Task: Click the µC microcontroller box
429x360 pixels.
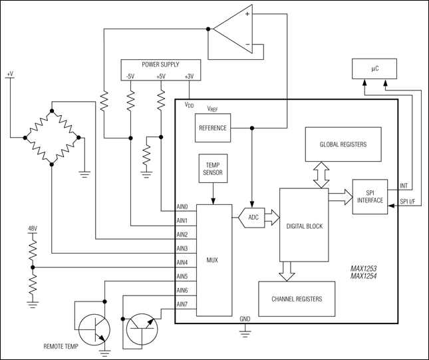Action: pyautogui.click(x=374, y=68)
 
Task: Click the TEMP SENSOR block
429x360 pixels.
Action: pyautogui.click(x=213, y=170)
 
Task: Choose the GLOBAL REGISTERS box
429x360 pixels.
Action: pyautogui.click(x=343, y=144)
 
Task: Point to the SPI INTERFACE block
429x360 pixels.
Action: pyautogui.click(x=370, y=196)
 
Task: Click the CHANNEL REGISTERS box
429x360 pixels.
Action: pyautogui.click(x=297, y=299)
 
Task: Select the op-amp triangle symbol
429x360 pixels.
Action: pyautogui.click(x=232, y=33)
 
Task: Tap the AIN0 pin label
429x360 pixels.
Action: pyautogui.click(x=182, y=207)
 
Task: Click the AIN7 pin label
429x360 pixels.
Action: pyautogui.click(x=182, y=305)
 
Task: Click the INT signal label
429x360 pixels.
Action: pyautogui.click(x=404, y=186)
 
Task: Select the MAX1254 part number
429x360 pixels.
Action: pyautogui.click(x=364, y=276)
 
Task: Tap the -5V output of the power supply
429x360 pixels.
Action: pyautogui.click(x=130, y=77)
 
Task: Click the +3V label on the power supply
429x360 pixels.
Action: pyautogui.click(x=190, y=77)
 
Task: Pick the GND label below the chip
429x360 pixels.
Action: pyautogui.click(x=245, y=319)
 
